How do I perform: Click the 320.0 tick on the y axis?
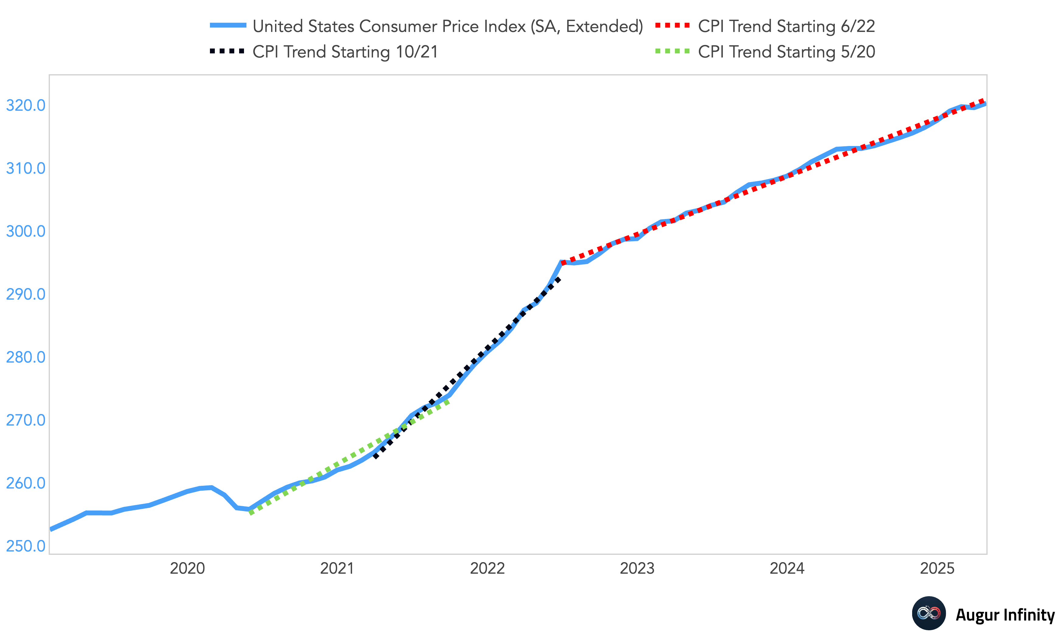25,105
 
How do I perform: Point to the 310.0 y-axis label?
25,168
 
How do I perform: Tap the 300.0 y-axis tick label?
25,231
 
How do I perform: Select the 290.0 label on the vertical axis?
25,294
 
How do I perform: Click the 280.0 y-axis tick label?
25,357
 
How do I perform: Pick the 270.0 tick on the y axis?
25,420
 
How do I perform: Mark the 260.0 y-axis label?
25,483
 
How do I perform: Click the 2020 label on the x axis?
187,568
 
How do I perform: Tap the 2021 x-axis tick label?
337,568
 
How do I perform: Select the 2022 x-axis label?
487,568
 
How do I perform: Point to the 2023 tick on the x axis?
637,568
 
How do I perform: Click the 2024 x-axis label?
787,568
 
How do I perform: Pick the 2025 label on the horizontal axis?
937,568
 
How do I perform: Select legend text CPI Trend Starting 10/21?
345,52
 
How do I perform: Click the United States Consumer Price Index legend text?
448,26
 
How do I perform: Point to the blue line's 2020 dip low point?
249,509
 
